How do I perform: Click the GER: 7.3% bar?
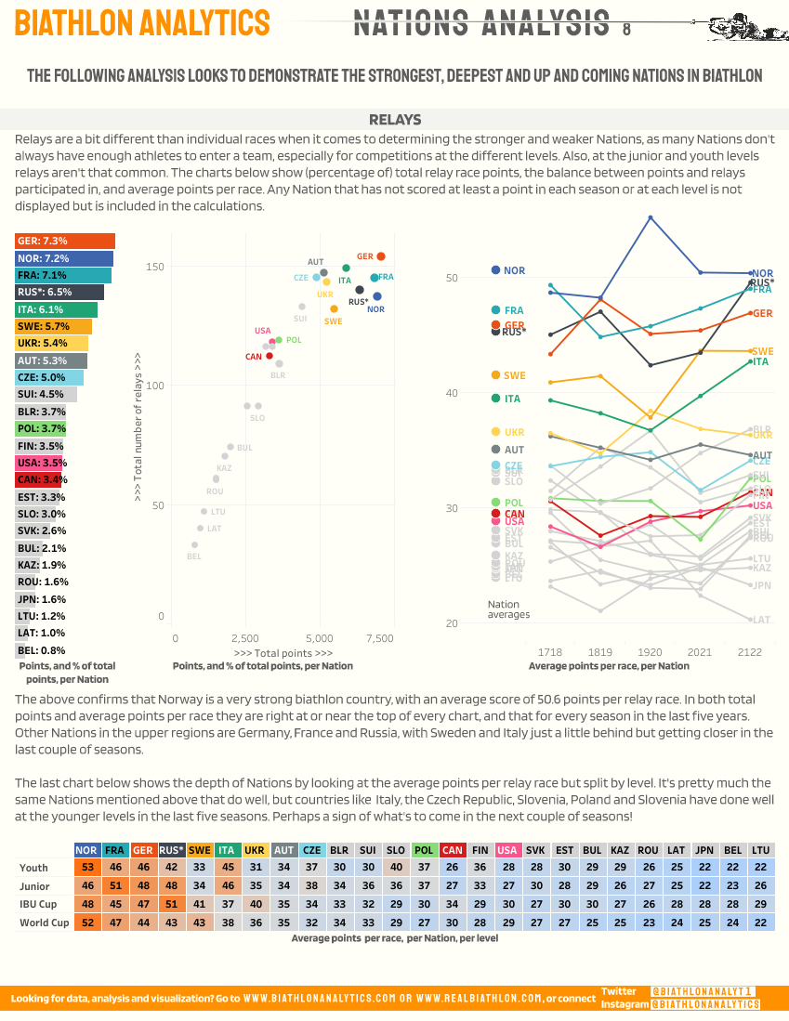(64, 241)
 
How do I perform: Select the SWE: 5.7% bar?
(53, 326)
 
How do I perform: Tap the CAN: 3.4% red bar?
(38, 479)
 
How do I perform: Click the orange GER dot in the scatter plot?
(381, 256)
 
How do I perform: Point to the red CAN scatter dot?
(270, 356)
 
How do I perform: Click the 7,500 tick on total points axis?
(379, 639)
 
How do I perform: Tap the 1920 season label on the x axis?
(650, 652)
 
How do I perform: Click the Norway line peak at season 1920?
(651, 217)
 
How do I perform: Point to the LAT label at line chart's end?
(762, 620)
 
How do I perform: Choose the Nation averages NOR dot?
(495, 270)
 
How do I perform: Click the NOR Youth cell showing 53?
(87, 868)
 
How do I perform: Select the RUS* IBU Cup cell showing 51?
(171, 905)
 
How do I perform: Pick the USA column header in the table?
(507, 849)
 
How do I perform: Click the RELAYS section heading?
(395, 120)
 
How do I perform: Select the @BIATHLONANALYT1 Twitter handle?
(703, 992)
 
